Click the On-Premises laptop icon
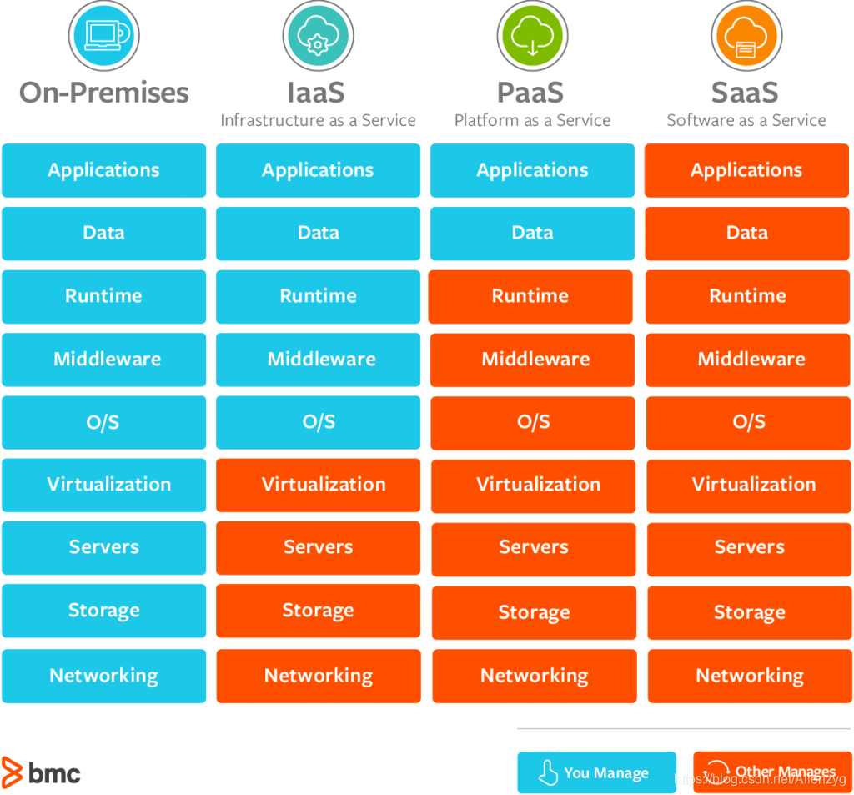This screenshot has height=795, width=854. (x=103, y=36)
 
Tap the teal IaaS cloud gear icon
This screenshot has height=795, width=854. (x=318, y=36)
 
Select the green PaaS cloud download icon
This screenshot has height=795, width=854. (x=532, y=36)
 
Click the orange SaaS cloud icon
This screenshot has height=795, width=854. (x=746, y=36)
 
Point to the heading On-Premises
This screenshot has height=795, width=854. (x=104, y=93)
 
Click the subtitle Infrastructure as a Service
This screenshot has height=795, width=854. (x=318, y=120)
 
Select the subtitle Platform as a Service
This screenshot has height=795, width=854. (x=533, y=120)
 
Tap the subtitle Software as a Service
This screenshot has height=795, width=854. (x=746, y=120)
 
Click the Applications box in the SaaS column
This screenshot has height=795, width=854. (x=746, y=170)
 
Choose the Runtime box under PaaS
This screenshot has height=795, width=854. (x=530, y=297)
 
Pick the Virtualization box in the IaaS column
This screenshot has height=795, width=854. (x=318, y=485)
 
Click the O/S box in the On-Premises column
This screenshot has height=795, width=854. (x=104, y=422)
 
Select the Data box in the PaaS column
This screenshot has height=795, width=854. (x=533, y=234)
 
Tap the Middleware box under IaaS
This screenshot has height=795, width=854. (x=318, y=360)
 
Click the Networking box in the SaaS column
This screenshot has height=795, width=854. (x=750, y=676)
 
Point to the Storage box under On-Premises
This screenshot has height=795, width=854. (x=104, y=611)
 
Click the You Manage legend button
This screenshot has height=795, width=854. (x=597, y=772)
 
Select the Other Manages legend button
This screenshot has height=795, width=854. (x=773, y=772)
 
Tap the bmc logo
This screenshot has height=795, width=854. (x=41, y=772)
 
